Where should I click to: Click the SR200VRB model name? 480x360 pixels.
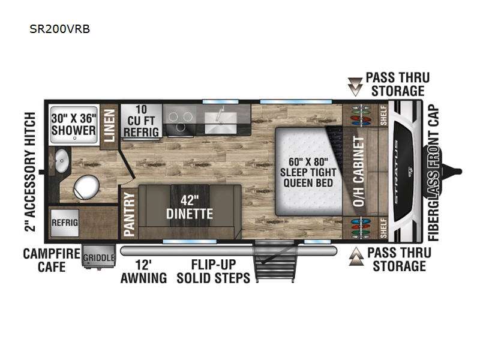pyautogui.click(x=59, y=29)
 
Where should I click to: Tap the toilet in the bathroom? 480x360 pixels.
pyautogui.click(x=86, y=187)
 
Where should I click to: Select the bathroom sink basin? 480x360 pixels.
pyautogui.click(x=62, y=161)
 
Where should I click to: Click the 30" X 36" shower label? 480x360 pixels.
pyautogui.click(x=73, y=125)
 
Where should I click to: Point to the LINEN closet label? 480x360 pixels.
pyautogui.click(x=109, y=126)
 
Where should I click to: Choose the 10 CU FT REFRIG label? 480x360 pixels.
pyautogui.click(x=141, y=121)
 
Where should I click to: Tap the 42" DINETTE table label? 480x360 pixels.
pyautogui.click(x=190, y=207)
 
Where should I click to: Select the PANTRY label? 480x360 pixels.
pyautogui.click(x=129, y=214)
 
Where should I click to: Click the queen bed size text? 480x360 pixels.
pyautogui.click(x=308, y=172)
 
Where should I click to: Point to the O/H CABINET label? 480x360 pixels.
pyautogui.click(x=358, y=172)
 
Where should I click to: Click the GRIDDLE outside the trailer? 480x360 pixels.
pyautogui.click(x=99, y=257)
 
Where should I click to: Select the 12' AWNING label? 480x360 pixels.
pyautogui.click(x=143, y=271)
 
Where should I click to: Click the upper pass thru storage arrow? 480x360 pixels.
pyautogui.click(x=355, y=86)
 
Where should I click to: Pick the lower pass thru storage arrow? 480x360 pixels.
pyautogui.click(x=356, y=257)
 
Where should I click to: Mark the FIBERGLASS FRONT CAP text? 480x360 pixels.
pyautogui.click(x=433, y=173)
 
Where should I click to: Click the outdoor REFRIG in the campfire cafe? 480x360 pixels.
pyautogui.click(x=65, y=223)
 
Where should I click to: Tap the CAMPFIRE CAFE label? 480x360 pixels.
pyautogui.click(x=52, y=260)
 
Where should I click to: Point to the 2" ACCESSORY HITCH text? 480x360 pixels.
pyautogui.click(x=31, y=172)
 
